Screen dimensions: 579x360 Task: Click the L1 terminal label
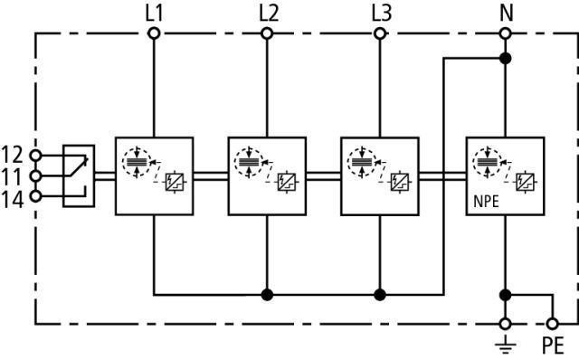pyautogui.click(x=154, y=14)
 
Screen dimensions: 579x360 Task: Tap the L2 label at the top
pyautogui.click(x=269, y=14)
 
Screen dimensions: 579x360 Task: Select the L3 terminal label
pyautogui.click(x=382, y=14)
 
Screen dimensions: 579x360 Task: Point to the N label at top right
pyautogui.click(x=507, y=14)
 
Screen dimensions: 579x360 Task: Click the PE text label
pyautogui.click(x=553, y=346)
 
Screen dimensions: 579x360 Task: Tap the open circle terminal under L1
pyautogui.click(x=154, y=33)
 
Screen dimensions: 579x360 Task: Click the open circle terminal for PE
pyautogui.click(x=552, y=324)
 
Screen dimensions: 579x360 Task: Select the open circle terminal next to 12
pyautogui.click(x=35, y=156)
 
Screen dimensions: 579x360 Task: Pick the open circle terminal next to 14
pyautogui.click(x=35, y=196)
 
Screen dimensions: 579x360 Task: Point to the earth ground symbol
pyautogui.click(x=505, y=345)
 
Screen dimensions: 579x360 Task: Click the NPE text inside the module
pyautogui.click(x=486, y=202)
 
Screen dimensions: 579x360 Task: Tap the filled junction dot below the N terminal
pyautogui.click(x=505, y=58)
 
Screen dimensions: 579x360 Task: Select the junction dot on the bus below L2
pyautogui.click(x=267, y=295)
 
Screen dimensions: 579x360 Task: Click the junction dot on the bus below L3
pyautogui.click(x=380, y=295)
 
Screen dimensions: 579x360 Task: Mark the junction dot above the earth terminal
pyautogui.click(x=505, y=295)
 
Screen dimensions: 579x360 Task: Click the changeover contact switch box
pyautogui.click(x=79, y=175)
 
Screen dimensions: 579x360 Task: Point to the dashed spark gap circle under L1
pyautogui.click(x=137, y=163)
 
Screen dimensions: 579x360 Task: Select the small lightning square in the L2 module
pyautogui.click(x=287, y=182)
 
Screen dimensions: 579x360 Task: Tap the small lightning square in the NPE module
pyautogui.click(x=525, y=182)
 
